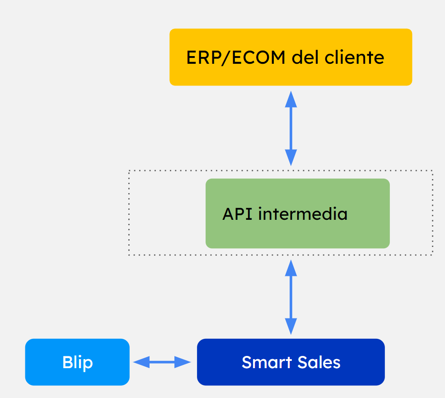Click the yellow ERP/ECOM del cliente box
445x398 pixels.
coord(290,57)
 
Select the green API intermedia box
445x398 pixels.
coord(297,213)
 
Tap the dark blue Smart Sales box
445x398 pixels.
coord(290,362)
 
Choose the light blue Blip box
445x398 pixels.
coord(77,362)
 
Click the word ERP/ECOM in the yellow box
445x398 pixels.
coord(235,58)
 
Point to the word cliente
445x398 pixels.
coord(354,57)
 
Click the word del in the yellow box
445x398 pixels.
coord(305,57)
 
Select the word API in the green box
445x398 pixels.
coord(237,213)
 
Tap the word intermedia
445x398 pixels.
coord(303,213)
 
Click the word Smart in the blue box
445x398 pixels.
coord(267,362)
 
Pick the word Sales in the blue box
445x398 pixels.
coord(319,362)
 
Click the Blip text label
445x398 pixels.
coord(77,363)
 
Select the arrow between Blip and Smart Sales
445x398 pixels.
coord(162,362)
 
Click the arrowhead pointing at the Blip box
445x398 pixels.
coord(141,362)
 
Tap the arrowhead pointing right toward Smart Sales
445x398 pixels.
coord(183,362)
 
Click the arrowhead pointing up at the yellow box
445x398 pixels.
coord(291,99)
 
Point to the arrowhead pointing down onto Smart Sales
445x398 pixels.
coord(291,327)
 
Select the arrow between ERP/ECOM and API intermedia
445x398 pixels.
coord(291,128)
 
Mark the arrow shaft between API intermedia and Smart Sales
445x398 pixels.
coord(291,297)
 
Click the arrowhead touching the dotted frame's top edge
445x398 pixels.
coord(291,158)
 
